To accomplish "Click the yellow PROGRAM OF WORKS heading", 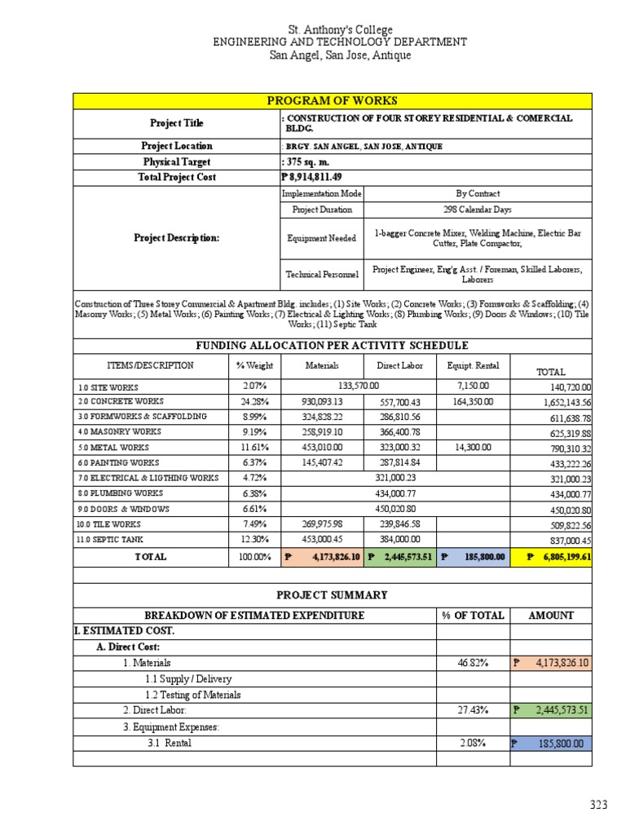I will click(333, 100).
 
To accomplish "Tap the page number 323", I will click(599, 806).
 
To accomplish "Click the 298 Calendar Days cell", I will click(478, 210).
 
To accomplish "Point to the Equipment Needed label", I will click(318, 238).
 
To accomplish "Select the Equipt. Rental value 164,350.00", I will click(474, 401).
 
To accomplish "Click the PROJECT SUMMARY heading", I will click(332, 595).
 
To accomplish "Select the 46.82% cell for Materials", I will click(473, 664).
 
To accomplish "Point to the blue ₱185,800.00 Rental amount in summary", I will click(551, 744).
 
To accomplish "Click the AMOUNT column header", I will click(550, 616).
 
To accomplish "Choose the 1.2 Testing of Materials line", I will click(193, 695).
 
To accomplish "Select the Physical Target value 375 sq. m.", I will click(309, 162).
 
